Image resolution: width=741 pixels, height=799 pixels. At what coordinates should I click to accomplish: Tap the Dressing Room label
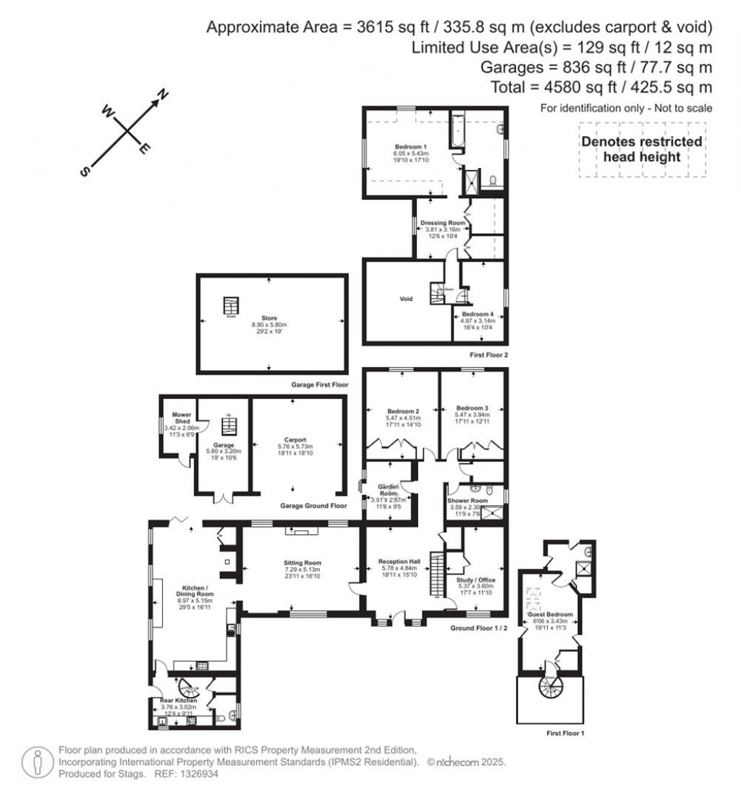point(441,223)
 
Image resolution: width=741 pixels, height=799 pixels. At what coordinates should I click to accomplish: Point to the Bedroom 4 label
point(478,314)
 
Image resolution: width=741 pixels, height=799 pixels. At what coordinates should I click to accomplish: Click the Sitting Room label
point(302,562)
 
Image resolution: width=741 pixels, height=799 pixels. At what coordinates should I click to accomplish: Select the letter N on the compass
point(164,93)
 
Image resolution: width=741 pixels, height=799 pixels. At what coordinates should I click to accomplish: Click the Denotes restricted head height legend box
point(642,149)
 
